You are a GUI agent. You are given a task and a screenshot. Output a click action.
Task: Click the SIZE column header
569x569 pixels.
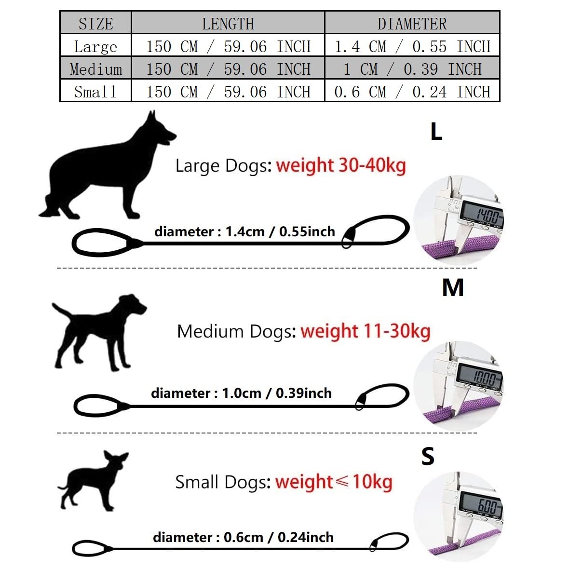[96, 24]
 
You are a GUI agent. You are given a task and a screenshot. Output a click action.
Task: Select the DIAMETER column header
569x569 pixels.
[412, 24]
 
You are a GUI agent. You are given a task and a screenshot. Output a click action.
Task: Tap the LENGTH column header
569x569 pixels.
[228, 24]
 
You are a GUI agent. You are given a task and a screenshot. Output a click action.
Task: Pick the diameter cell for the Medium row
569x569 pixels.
[412, 69]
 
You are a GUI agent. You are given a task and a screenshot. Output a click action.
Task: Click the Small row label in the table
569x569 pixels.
[95, 92]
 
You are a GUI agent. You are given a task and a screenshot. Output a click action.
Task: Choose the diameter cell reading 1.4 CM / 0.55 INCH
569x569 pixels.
[412, 46]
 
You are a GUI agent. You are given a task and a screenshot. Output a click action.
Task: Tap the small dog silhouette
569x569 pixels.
[93, 481]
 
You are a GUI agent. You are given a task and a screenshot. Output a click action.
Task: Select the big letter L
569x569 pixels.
[436, 131]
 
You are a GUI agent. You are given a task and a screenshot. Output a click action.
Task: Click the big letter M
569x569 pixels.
[453, 288]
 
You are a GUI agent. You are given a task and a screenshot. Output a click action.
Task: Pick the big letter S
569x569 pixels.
[428, 456]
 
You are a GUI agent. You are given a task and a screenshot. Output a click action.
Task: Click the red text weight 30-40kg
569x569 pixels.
[341, 165]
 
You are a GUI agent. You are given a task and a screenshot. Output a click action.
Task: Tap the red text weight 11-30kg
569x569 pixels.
[366, 331]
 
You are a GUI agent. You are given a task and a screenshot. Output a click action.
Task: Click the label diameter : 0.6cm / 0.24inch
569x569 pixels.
[243, 538]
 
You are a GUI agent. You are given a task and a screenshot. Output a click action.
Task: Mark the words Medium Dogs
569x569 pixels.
[237, 331]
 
